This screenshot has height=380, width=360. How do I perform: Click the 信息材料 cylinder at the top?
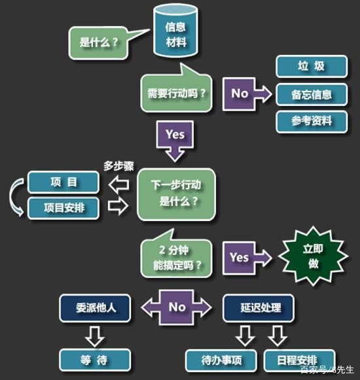(175, 31)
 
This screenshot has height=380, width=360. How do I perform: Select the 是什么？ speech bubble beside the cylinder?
(98, 43)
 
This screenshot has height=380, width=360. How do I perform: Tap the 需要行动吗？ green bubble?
(176, 93)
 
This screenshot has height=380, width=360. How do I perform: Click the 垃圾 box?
(312, 66)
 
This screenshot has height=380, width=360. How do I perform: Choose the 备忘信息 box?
(312, 94)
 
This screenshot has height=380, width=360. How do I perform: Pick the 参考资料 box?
(312, 122)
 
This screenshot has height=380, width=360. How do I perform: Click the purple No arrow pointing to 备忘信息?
(247, 94)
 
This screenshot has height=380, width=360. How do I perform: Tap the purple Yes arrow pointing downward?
(175, 141)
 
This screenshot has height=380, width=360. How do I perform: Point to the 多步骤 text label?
(118, 166)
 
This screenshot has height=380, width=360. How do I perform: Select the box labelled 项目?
(63, 182)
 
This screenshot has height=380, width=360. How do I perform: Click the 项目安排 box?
(63, 208)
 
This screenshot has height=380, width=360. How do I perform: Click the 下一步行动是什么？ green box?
(176, 194)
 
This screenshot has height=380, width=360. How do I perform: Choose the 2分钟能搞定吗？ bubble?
(176, 257)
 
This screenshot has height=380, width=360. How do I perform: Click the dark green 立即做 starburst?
(313, 256)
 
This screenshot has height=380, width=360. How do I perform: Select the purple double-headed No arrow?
(176, 307)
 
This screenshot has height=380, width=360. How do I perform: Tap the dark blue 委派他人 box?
(95, 308)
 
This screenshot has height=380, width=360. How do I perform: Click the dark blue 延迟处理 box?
(259, 308)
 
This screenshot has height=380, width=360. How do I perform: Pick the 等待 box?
(95, 360)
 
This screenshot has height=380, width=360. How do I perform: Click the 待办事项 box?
(221, 360)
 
